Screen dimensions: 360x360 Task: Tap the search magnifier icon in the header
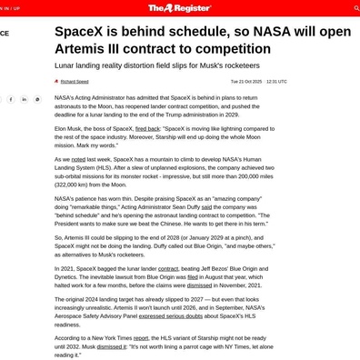click(x=355, y=8)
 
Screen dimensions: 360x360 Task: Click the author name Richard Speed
click(x=75, y=81)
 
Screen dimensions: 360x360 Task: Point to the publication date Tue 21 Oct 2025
click(x=245, y=81)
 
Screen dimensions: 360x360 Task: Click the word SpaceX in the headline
click(x=80, y=32)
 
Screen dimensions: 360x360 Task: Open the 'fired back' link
click(x=147, y=129)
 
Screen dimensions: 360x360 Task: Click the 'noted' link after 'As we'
click(x=78, y=159)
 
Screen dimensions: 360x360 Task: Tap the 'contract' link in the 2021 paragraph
click(x=168, y=268)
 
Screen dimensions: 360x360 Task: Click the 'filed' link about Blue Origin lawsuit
click(x=193, y=275)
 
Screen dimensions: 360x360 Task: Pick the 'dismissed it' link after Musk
click(x=113, y=346)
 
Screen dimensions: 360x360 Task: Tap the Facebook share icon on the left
click(x=11, y=99)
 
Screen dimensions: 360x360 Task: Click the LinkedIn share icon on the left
click(x=25, y=99)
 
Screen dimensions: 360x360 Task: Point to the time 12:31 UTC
click(x=276, y=81)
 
